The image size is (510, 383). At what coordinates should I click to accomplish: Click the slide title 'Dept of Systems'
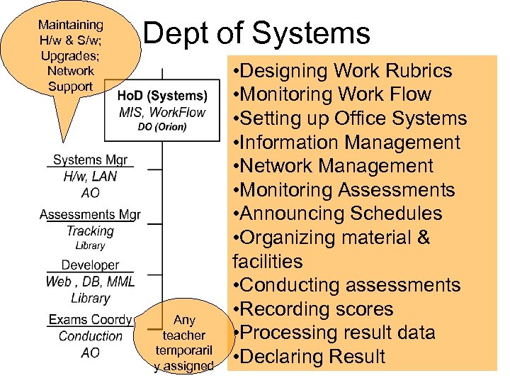[x=256, y=33]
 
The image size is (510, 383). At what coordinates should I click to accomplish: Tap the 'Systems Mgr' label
[x=90, y=160]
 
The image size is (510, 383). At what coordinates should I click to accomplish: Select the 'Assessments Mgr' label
[x=90, y=214]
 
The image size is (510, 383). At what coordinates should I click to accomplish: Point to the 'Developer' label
[x=90, y=265]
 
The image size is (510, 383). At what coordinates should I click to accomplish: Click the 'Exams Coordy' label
[x=90, y=320]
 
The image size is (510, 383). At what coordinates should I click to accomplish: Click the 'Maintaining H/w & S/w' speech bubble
[x=70, y=56]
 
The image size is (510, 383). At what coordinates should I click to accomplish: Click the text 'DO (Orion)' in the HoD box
[x=162, y=127]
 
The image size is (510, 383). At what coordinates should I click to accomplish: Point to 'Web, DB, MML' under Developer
[x=90, y=282]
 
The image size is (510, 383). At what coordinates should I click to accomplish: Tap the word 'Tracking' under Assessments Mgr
[x=90, y=231]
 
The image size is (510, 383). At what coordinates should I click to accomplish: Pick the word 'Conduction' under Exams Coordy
[x=90, y=337]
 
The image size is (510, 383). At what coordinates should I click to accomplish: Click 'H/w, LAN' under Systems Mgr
[x=90, y=177]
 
